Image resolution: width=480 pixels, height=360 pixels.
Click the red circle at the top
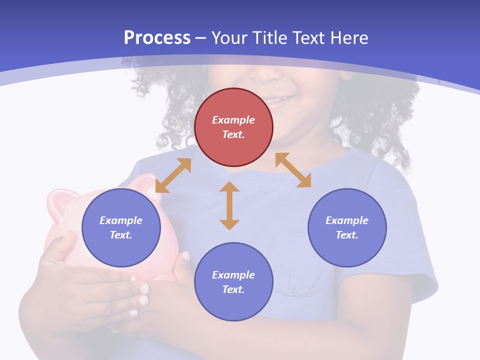233,100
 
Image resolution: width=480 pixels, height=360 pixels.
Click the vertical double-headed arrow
229,205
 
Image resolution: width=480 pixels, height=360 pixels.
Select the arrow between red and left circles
173,175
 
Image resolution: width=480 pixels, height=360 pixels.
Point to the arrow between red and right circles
293,170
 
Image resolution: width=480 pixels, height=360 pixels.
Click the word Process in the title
157,38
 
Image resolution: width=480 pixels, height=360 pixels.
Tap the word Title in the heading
269,38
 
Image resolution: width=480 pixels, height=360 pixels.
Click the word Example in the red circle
233,120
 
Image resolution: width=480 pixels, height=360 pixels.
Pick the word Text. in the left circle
121,235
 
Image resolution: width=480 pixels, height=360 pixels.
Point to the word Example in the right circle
347,220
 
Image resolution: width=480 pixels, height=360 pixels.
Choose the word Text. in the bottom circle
233,289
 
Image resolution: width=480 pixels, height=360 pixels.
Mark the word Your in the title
228,38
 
